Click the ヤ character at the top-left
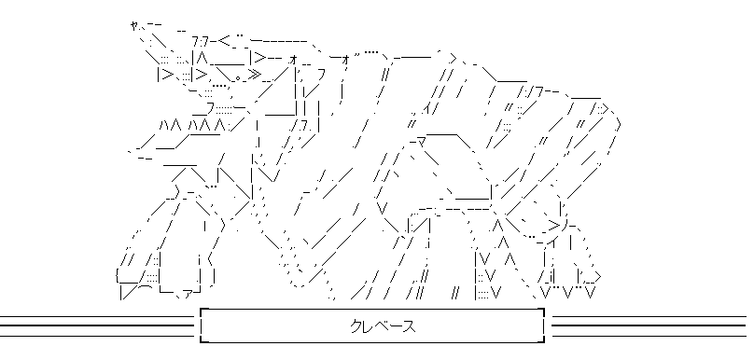133,25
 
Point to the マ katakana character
420,142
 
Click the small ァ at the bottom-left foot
188,293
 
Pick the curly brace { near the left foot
118,277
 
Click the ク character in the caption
356,326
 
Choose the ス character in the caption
409,326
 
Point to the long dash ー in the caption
396,326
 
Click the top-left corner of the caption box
201,309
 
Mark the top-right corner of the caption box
544,309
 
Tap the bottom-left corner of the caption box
201,342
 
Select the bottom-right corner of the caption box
544,342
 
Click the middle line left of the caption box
96,325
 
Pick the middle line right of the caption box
649,325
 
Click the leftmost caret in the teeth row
164,126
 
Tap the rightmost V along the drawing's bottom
591,292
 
